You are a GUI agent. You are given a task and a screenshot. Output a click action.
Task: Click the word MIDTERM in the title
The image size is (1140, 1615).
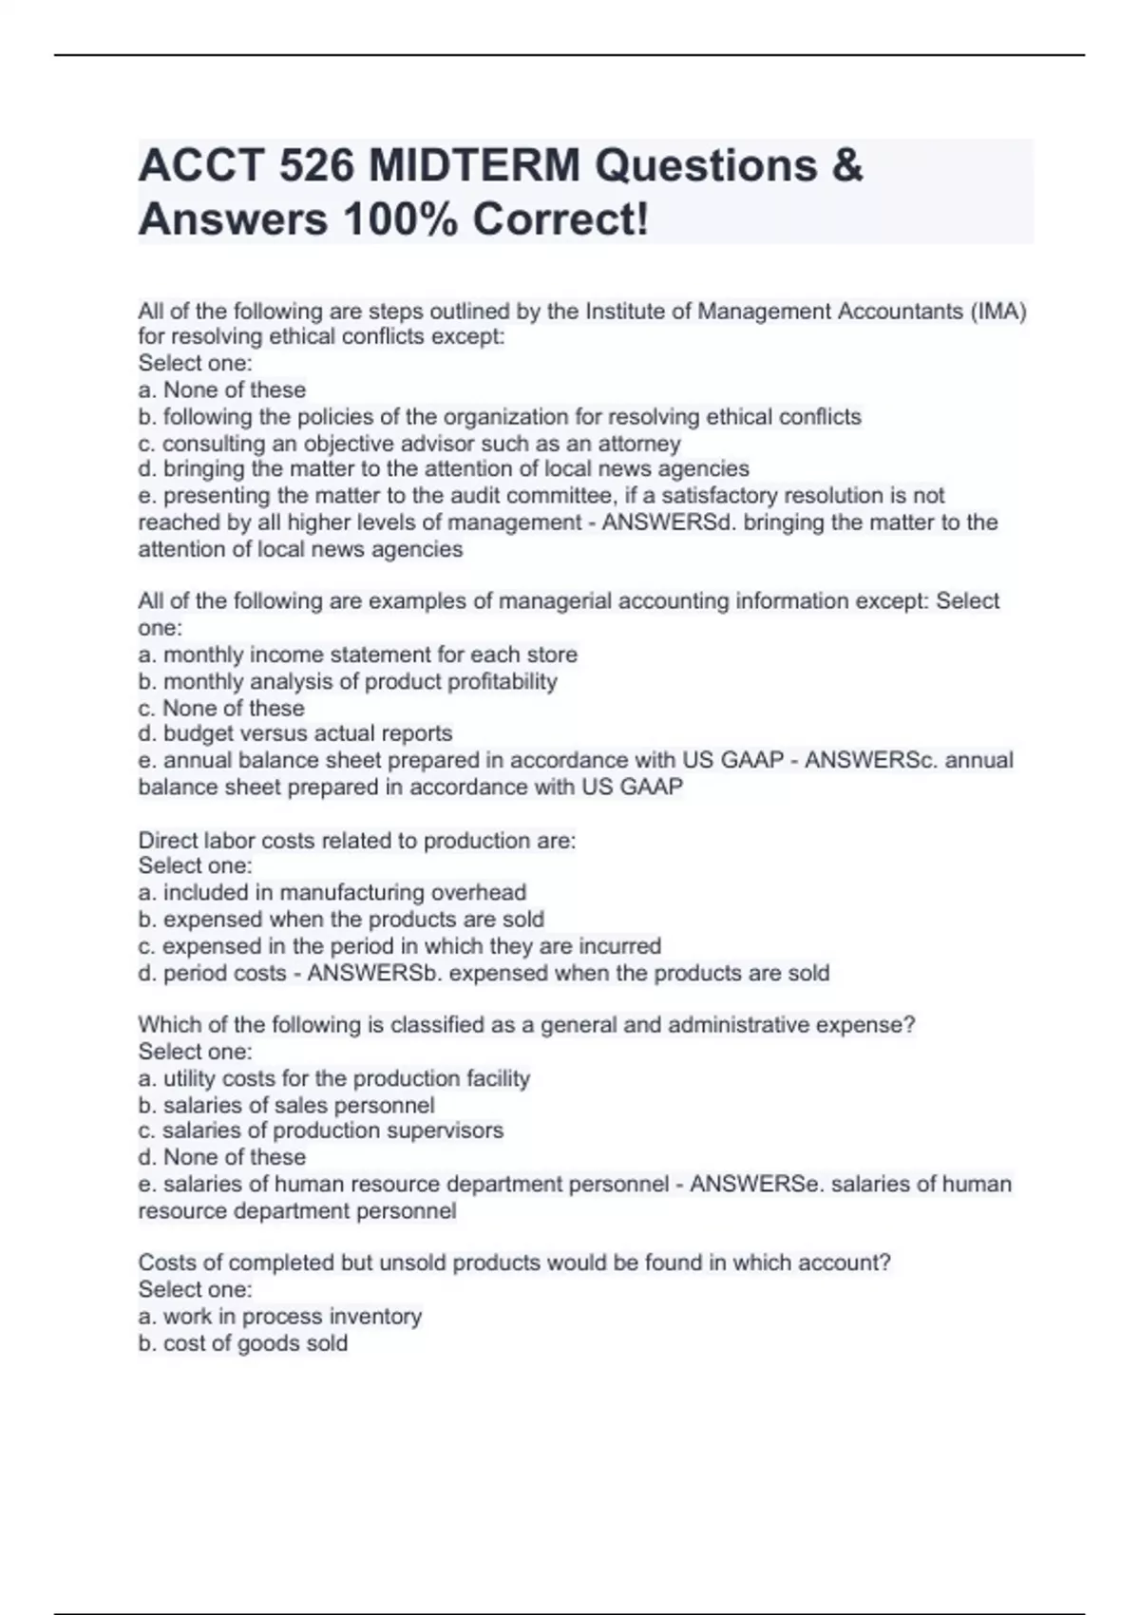tap(473, 166)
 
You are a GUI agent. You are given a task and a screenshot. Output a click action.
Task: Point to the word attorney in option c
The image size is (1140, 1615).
tap(638, 444)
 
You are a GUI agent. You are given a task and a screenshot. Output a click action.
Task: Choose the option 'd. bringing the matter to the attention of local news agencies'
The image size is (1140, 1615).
tap(444, 469)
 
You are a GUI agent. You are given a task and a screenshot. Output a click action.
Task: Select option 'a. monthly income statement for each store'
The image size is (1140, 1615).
tap(358, 655)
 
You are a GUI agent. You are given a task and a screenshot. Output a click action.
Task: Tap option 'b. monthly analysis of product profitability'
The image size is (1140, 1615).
tap(348, 681)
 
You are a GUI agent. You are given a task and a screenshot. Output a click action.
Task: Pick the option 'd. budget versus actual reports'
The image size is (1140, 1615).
tap(295, 733)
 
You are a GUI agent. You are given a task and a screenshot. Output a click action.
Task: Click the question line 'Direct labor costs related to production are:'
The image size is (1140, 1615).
tap(357, 841)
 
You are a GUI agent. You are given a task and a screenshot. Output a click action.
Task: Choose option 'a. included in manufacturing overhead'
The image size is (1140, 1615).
tap(332, 893)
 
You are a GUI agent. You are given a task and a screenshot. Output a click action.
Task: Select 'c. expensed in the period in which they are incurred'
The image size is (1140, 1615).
tap(400, 946)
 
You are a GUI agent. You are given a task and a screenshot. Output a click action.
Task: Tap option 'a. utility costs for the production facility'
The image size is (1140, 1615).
tap(334, 1079)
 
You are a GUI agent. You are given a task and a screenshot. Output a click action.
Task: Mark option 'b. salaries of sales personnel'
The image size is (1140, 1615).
tap(287, 1106)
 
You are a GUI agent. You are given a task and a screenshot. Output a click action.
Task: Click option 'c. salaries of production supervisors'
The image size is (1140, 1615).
tap(321, 1130)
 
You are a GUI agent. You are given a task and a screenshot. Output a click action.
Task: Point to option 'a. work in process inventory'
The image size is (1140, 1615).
tap(280, 1317)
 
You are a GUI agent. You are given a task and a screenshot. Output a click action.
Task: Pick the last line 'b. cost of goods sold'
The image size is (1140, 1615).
tap(243, 1343)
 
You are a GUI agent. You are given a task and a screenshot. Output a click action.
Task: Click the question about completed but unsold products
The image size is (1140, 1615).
tap(514, 1263)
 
